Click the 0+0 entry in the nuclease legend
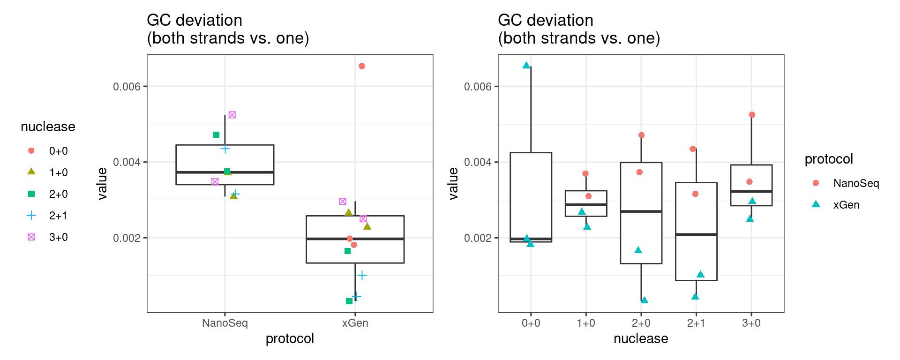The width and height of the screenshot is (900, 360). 58,151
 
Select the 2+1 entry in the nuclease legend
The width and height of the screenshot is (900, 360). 58,216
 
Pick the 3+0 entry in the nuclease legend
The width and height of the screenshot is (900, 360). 58,237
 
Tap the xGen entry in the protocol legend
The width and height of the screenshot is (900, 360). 846,205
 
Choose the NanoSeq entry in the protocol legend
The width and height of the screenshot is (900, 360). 855,183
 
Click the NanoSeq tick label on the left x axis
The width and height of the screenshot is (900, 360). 225,323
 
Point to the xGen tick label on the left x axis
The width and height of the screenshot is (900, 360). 355,323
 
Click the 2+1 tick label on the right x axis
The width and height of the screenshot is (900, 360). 696,323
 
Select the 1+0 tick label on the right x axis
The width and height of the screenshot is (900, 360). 586,323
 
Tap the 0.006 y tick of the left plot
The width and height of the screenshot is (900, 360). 127,87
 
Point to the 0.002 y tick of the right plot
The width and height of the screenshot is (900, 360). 478,238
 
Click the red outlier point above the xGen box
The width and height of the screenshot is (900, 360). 362,66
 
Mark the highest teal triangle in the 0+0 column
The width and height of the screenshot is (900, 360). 526,66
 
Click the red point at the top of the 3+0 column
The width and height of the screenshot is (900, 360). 752,115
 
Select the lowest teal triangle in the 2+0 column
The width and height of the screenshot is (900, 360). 645,300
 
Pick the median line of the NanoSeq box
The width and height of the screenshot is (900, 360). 225,172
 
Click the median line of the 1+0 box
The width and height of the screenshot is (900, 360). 586,205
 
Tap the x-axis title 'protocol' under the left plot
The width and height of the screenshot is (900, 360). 290,338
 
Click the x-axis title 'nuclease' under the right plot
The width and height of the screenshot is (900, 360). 641,338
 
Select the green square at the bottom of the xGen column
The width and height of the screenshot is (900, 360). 349,301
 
